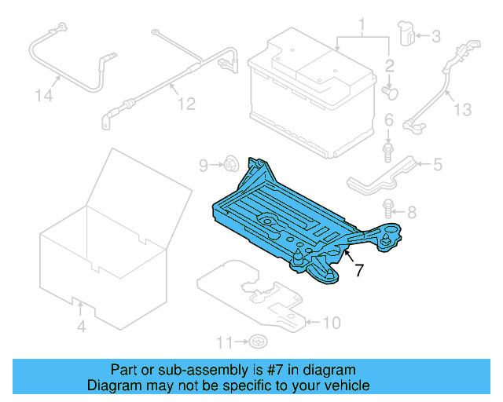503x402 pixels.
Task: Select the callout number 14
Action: point(46,96)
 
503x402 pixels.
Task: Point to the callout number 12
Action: point(185,104)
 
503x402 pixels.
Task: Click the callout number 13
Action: point(463,109)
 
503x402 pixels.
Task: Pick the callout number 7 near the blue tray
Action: point(359,272)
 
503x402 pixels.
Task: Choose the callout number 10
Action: point(332,322)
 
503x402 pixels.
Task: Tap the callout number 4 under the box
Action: point(81,326)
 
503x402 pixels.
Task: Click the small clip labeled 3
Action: point(407,34)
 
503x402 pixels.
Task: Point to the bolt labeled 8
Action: point(388,208)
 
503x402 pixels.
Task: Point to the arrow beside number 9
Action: point(215,165)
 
